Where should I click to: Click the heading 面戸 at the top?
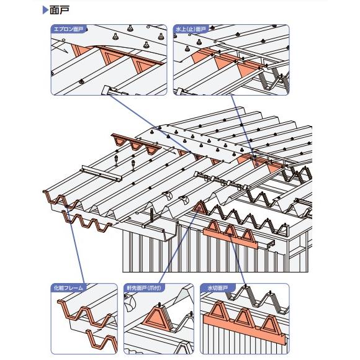click(60, 10)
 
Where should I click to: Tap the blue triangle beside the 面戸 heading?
click(45, 10)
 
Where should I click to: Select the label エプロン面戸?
click(68, 29)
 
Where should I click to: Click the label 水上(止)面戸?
click(191, 29)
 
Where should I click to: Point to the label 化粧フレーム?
click(68, 287)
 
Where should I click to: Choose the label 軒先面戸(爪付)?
click(144, 287)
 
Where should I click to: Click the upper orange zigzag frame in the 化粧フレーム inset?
click(85, 314)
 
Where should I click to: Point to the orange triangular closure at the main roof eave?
click(199, 207)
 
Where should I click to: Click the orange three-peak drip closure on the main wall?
click(230, 235)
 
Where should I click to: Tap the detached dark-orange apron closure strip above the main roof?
click(135, 143)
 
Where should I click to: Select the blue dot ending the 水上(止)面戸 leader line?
click(257, 164)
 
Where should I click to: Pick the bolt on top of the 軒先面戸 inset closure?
click(158, 305)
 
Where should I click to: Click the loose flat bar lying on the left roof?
click(101, 174)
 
